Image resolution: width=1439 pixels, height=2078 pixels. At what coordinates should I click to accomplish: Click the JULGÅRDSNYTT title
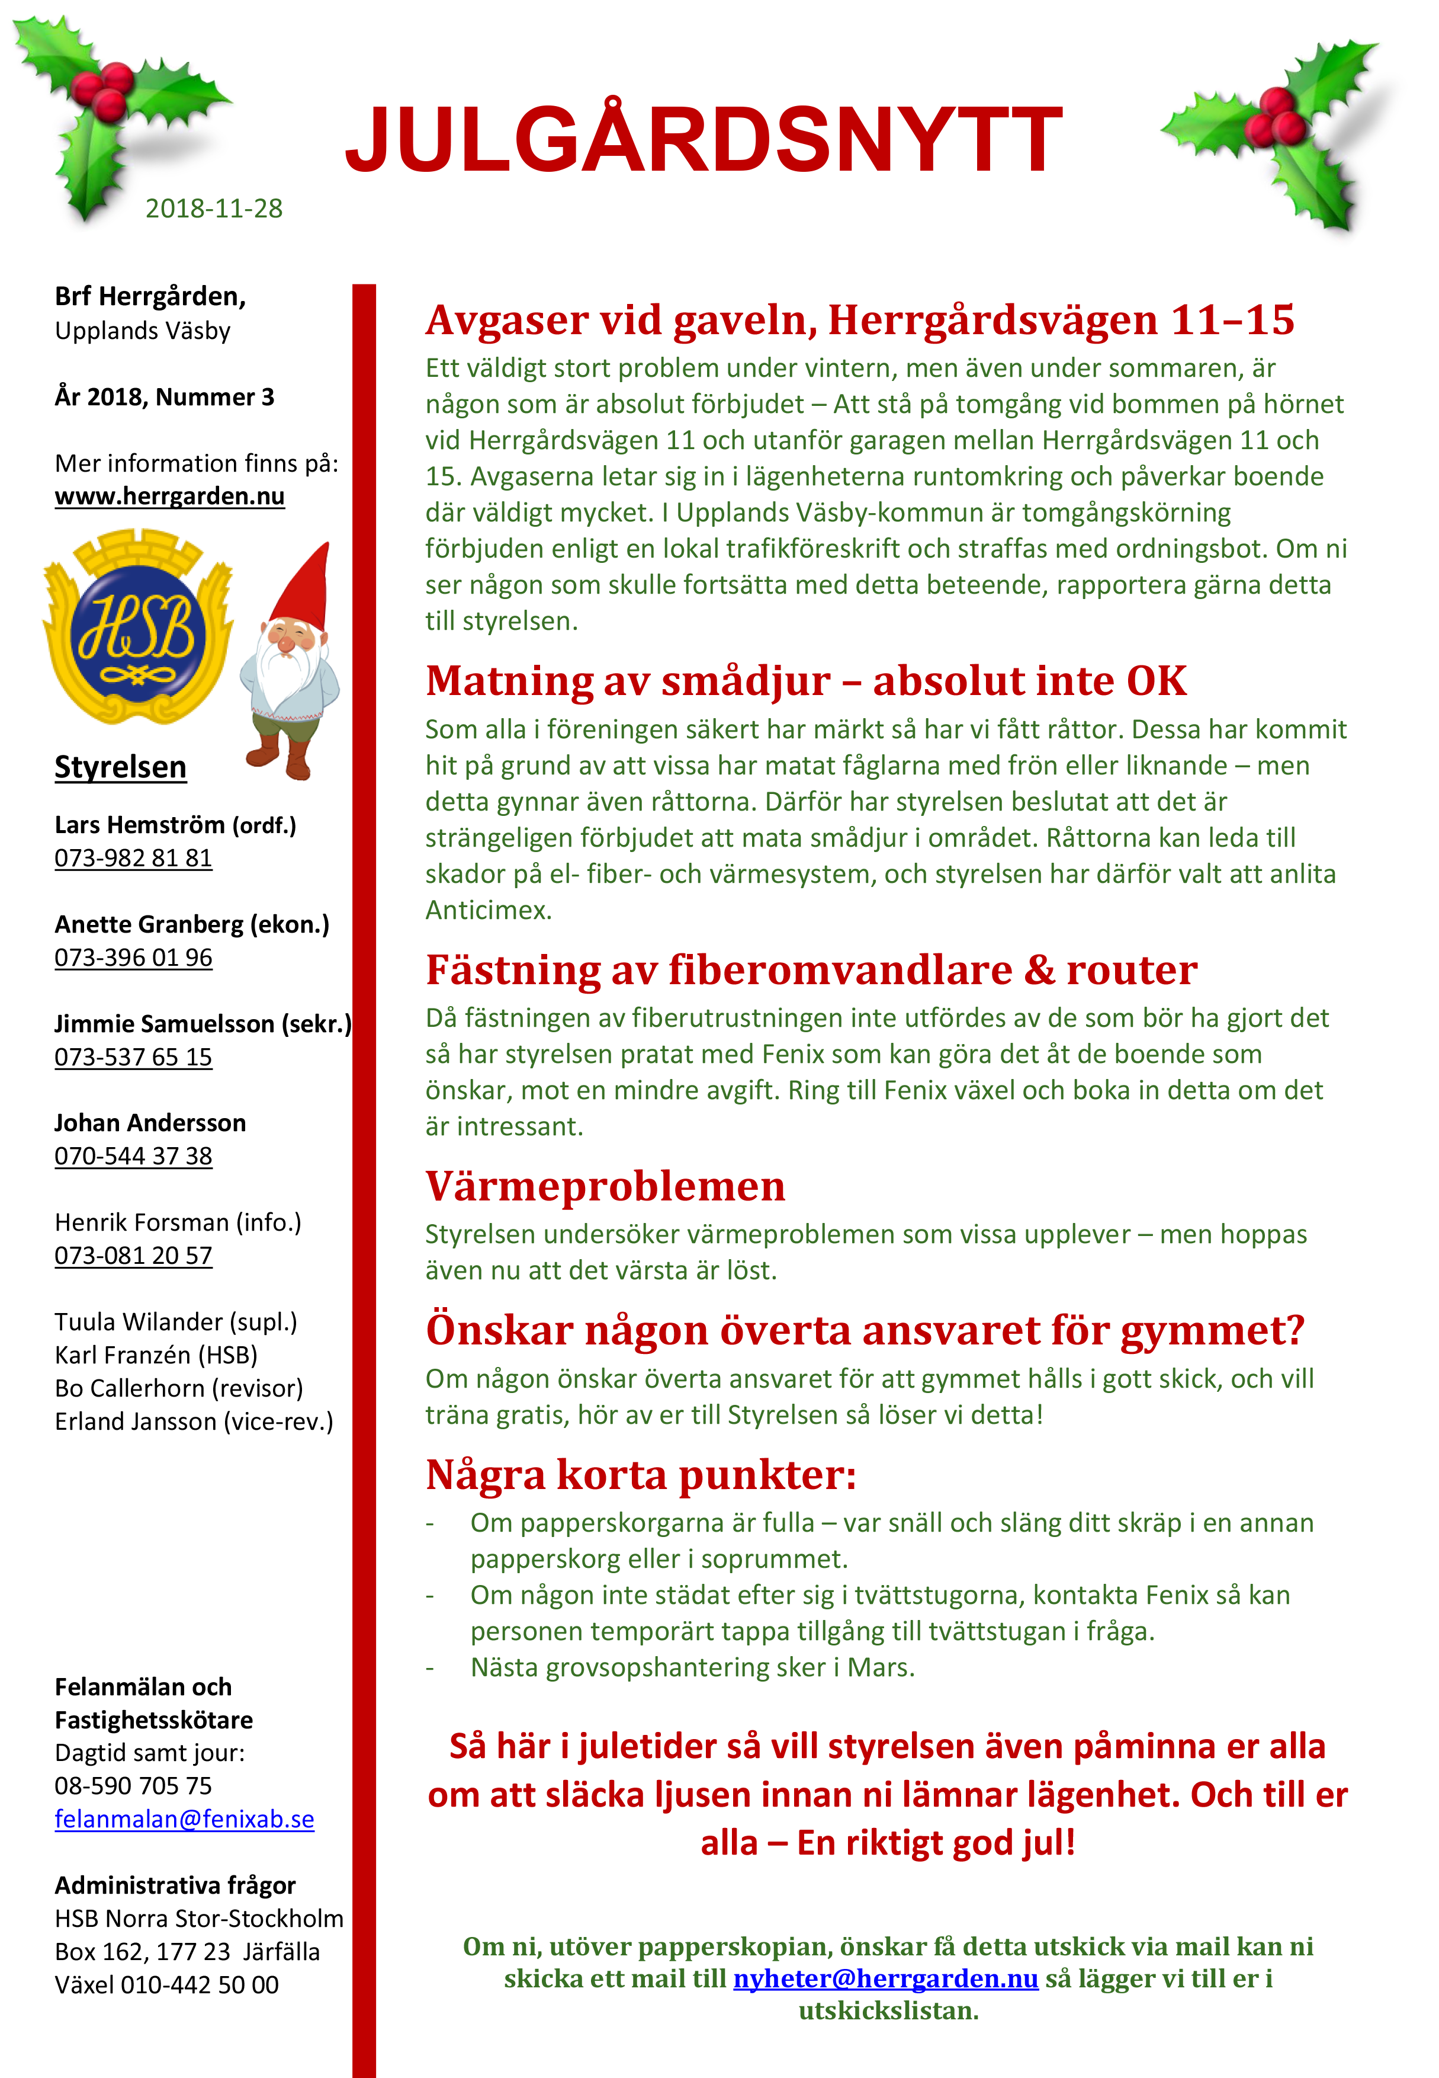(x=704, y=140)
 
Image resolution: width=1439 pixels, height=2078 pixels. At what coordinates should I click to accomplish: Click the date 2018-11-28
(x=214, y=209)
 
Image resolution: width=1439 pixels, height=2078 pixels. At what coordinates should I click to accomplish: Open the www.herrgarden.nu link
(x=169, y=496)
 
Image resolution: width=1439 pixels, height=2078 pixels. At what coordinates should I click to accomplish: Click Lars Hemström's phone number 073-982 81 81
(x=133, y=858)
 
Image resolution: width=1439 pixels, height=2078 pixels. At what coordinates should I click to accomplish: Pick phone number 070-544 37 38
(x=133, y=1155)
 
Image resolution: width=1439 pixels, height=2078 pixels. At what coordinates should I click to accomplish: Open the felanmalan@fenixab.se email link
(x=184, y=1818)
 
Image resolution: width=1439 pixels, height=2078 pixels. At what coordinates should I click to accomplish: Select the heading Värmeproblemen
(x=605, y=1186)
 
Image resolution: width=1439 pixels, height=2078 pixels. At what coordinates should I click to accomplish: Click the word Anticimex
(x=488, y=910)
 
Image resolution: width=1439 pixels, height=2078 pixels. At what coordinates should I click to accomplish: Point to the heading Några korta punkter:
(x=640, y=1475)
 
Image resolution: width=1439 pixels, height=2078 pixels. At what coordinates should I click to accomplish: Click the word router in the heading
(x=1132, y=971)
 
